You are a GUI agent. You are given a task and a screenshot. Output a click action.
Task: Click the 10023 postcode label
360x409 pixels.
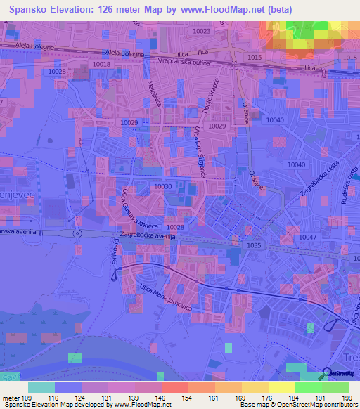[202, 31]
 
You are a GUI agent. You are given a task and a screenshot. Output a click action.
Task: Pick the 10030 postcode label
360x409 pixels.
[162, 186]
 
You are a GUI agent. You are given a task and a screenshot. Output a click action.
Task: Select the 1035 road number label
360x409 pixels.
[254, 245]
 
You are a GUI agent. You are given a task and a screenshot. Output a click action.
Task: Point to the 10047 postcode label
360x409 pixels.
[307, 238]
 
